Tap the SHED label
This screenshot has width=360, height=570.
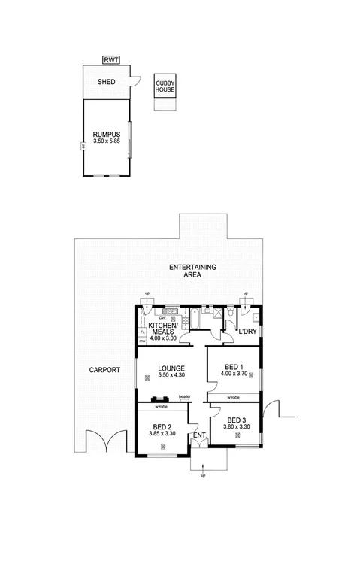click(106, 82)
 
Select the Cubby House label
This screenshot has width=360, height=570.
click(165, 86)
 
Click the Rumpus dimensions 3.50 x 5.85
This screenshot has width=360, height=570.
click(106, 141)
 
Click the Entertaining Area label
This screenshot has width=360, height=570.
click(192, 271)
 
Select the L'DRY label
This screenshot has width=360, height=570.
click(248, 332)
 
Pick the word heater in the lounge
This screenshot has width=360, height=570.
click(184, 398)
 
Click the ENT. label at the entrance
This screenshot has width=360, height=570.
click(199, 435)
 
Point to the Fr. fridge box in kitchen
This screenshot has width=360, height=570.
click(141, 332)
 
